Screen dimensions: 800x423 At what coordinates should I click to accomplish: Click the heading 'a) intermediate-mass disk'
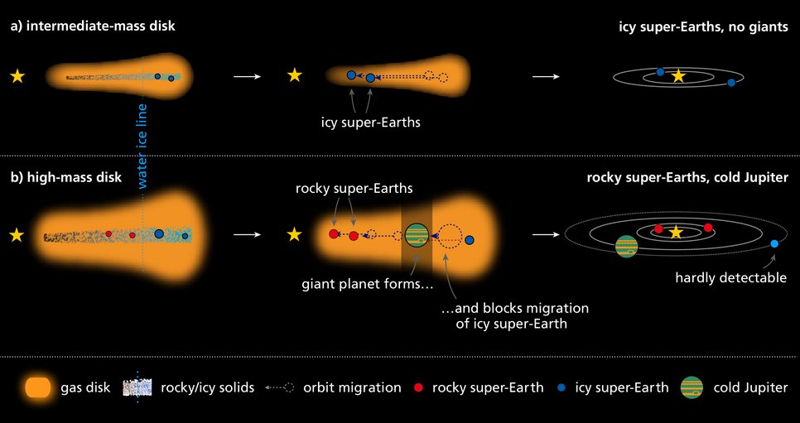(x=93, y=26)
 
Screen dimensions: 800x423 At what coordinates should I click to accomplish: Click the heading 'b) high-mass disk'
(x=66, y=178)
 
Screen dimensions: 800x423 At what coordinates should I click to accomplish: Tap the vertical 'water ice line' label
(x=142, y=147)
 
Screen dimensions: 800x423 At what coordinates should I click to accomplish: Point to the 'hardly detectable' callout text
(x=730, y=278)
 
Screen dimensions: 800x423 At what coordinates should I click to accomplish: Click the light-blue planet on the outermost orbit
(x=774, y=244)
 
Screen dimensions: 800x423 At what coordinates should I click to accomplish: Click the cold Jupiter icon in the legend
(x=692, y=387)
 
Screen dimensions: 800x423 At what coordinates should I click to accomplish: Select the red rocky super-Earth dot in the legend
(x=419, y=387)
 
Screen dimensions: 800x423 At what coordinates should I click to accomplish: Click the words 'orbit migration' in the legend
(x=352, y=387)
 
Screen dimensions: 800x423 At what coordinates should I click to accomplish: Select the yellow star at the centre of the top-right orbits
(x=678, y=76)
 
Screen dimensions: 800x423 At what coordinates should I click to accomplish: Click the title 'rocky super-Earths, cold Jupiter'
(x=687, y=178)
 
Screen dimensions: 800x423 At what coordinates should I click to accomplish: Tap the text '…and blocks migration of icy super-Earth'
(x=514, y=316)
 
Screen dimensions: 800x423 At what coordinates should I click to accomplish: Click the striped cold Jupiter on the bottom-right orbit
(x=626, y=247)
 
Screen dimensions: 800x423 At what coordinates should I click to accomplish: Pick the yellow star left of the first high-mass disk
(x=17, y=235)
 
